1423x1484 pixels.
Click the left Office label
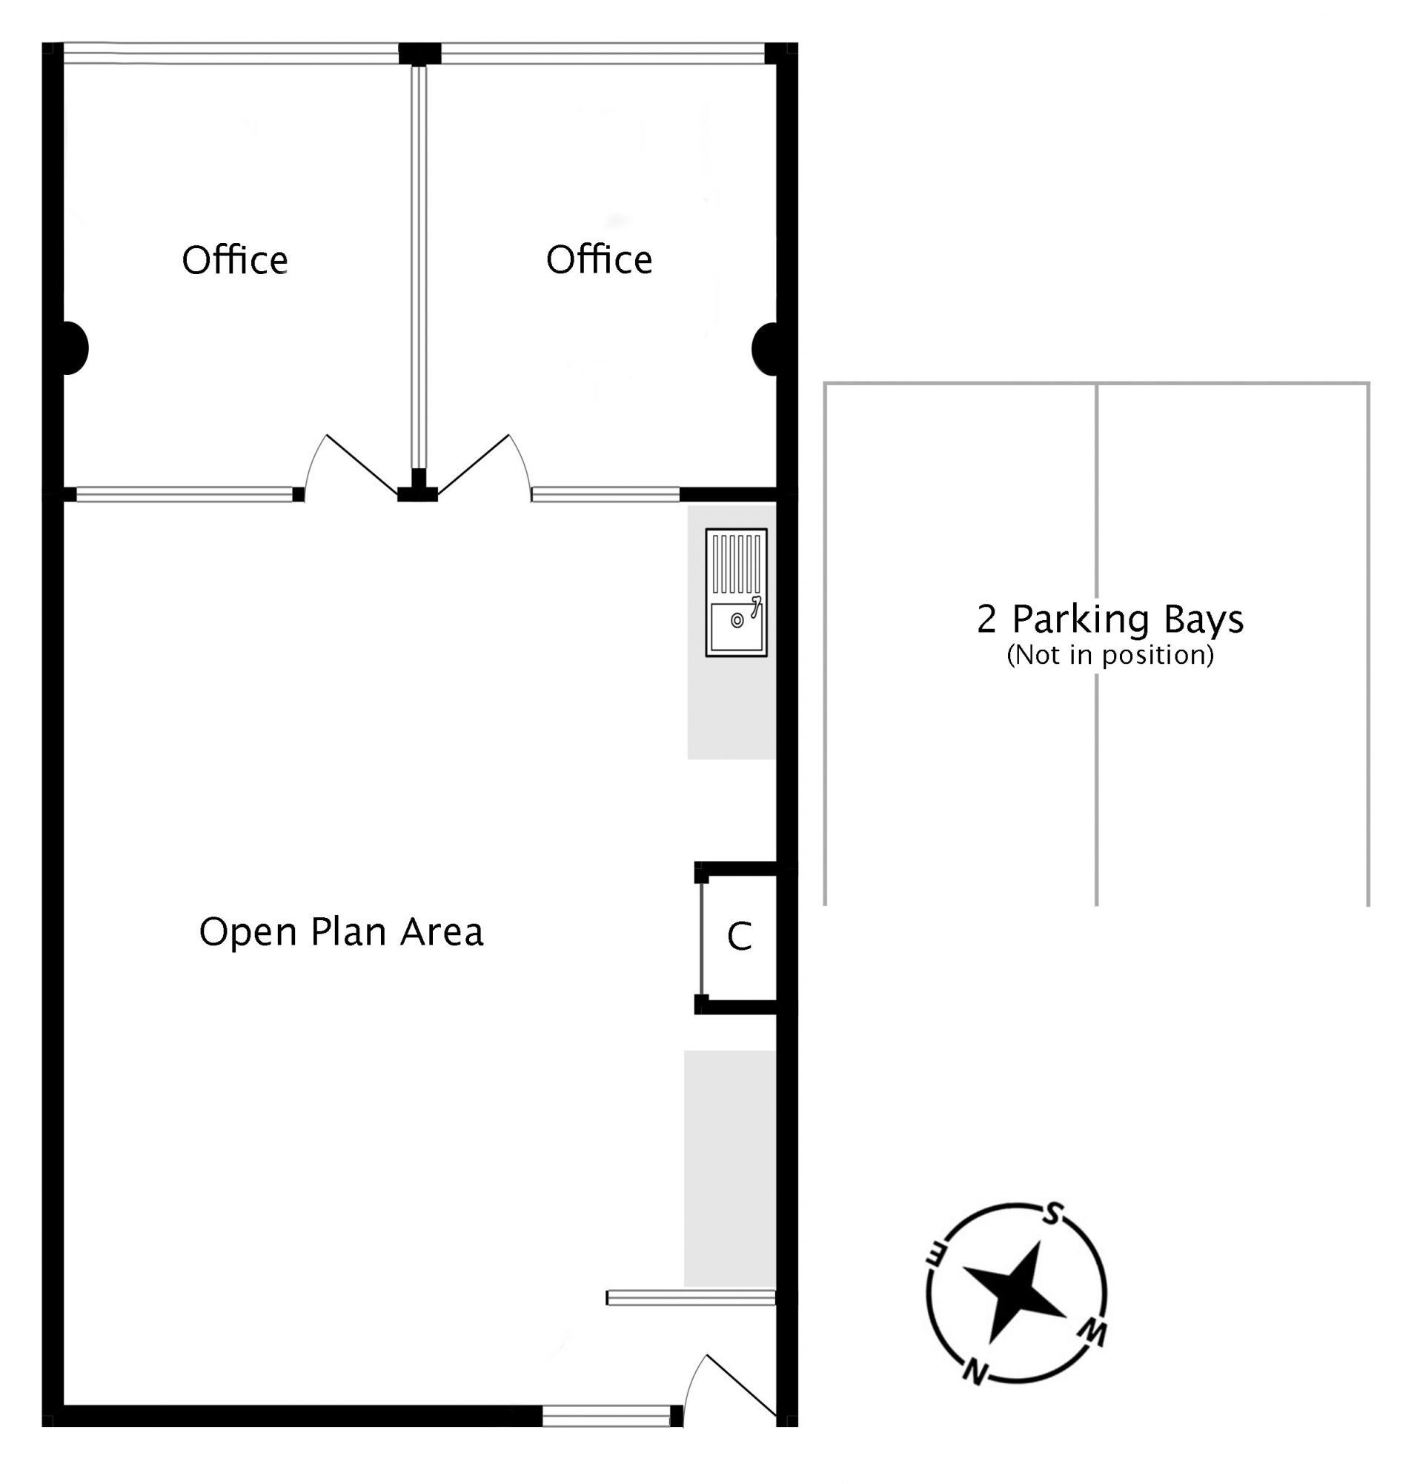[x=235, y=260]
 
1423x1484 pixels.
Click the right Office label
[x=599, y=260]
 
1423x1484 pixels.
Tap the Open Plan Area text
[x=341, y=931]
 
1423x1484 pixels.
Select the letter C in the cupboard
[x=739, y=936]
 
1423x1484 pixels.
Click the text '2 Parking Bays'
[x=1110, y=619]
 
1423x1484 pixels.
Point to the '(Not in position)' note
[x=1110, y=654]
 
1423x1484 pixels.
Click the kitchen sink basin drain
[x=737, y=621]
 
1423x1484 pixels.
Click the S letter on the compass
[x=1051, y=1214]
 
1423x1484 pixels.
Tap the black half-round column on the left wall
[x=75, y=347]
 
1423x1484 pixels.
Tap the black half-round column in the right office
[x=765, y=349]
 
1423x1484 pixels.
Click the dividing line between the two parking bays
[x=1096, y=645]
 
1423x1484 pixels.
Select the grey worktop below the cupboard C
[x=730, y=1168]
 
